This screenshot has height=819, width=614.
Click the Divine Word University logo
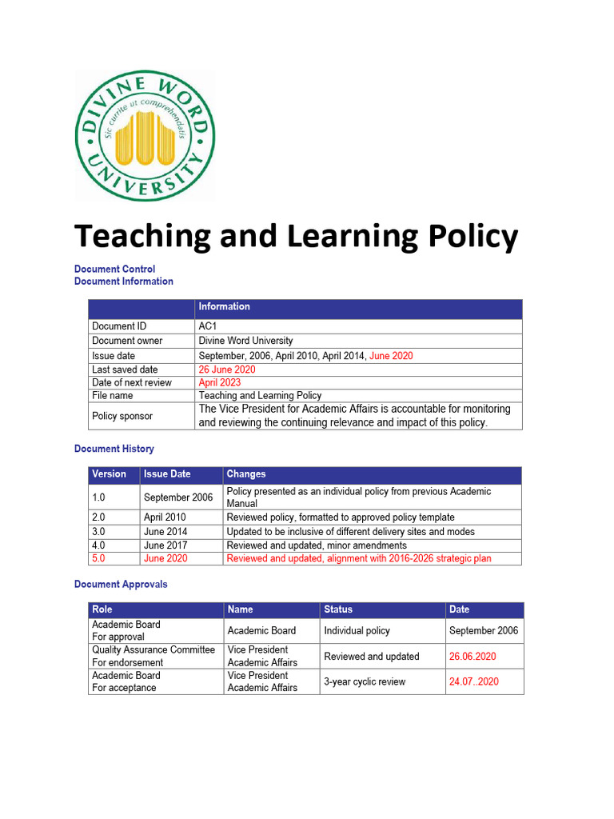pos(145,135)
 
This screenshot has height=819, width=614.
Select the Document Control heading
pos(114,270)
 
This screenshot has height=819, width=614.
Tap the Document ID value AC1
pos(209,326)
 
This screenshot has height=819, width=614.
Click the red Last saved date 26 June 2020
pos(227,370)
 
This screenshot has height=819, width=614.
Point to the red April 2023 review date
pos(219,382)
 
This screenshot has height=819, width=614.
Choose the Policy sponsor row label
pos(122,416)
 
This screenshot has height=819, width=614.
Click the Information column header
pos(224,307)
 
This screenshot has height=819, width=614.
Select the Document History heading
pos(114,449)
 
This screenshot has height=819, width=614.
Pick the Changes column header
pos(245,474)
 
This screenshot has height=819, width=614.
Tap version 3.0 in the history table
pos(98,532)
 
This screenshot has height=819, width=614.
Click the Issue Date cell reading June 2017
pos(165,545)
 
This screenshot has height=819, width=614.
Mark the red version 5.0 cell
pos(98,558)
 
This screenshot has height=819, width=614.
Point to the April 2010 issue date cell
pos(165,517)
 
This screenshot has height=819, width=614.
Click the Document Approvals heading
pos(121,585)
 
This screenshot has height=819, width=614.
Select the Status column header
pos(338,609)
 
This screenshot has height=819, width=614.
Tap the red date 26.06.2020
pos(472,657)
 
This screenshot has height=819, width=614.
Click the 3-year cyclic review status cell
pos(365,682)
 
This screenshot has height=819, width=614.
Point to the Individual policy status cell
pos(357,631)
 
